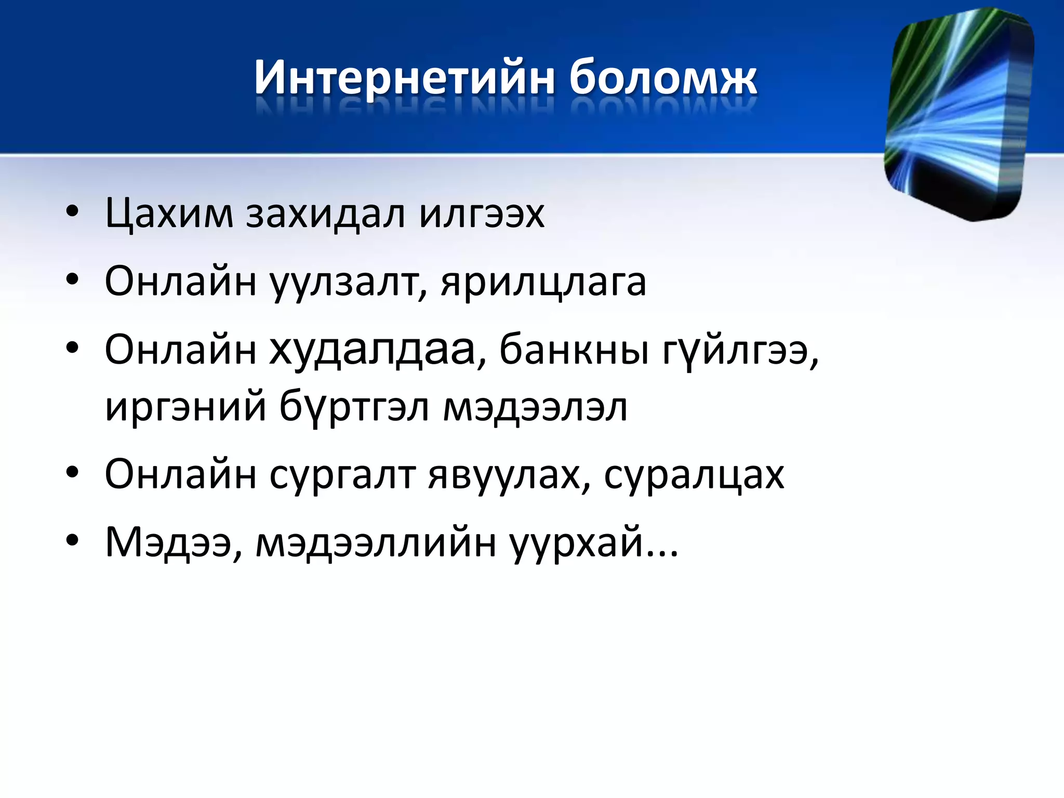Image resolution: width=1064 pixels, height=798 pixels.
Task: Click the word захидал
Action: pos(325,213)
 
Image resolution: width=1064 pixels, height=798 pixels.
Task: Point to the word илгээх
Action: pos(482,213)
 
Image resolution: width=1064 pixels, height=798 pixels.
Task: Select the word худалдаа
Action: pos(373,350)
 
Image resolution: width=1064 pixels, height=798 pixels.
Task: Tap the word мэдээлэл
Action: pos(535,407)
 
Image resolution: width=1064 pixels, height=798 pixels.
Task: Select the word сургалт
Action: pos(342,474)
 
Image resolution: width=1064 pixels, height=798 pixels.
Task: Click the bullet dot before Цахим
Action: pos(72,211)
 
